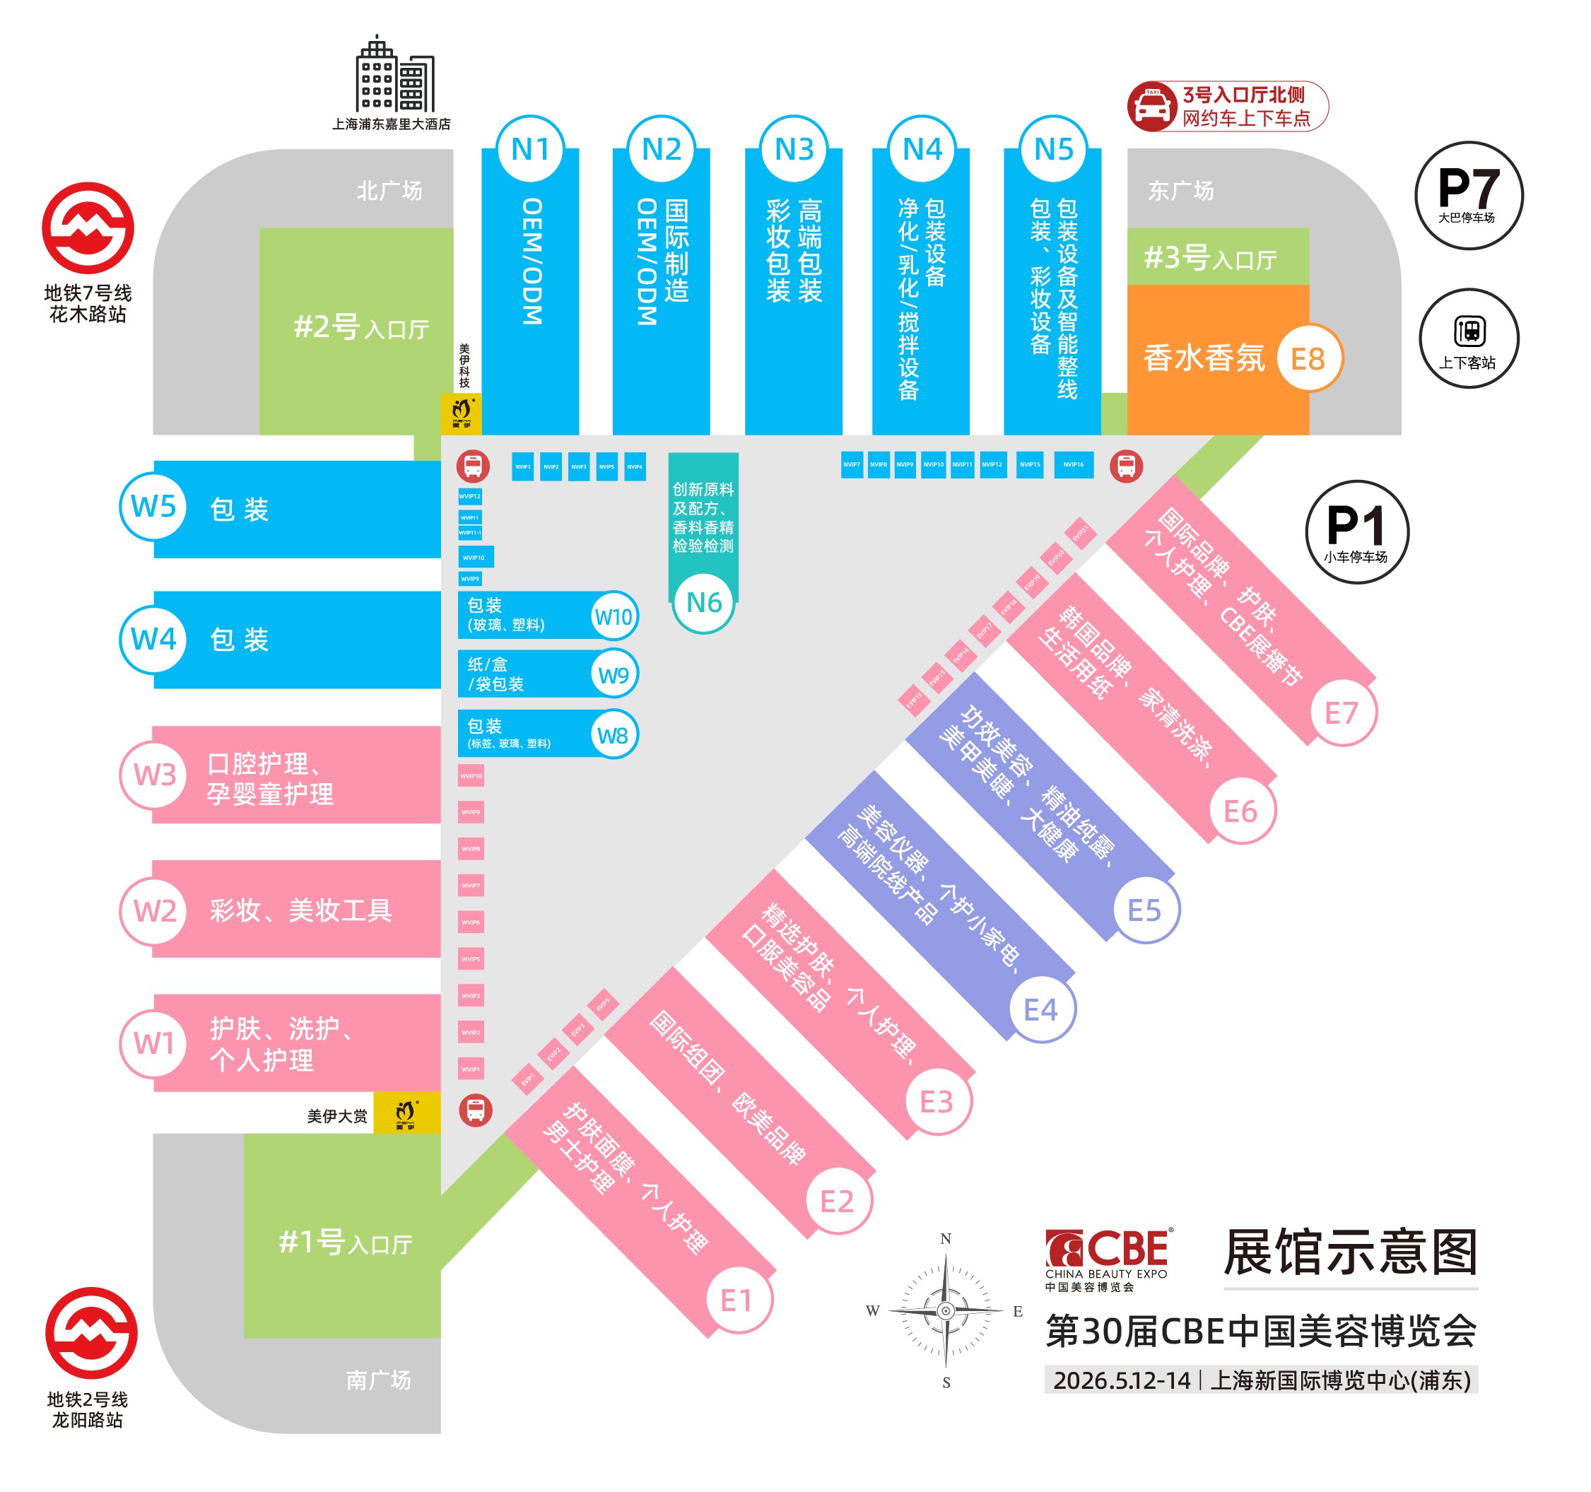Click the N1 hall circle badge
pyautogui.click(x=530, y=150)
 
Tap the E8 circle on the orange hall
pyautogui.click(x=1308, y=358)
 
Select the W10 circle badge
pyautogui.click(x=613, y=616)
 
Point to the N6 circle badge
pyautogui.click(x=703, y=602)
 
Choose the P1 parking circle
pyautogui.click(x=1356, y=532)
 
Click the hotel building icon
pyautogui.click(x=394, y=74)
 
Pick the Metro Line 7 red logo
pyautogui.click(x=88, y=228)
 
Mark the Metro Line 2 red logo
pyautogui.click(x=90, y=1333)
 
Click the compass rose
pyautogui.click(x=945, y=1311)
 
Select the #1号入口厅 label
pyautogui.click(x=345, y=1243)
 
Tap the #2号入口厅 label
pyautogui.click(x=361, y=327)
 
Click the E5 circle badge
pyautogui.click(x=1144, y=910)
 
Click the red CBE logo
pyautogui.click(x=1107, y=1250)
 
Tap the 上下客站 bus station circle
pyautogui.click(x=1469, y=339)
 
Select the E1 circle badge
pyautogui.click(x=736, y=1300)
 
